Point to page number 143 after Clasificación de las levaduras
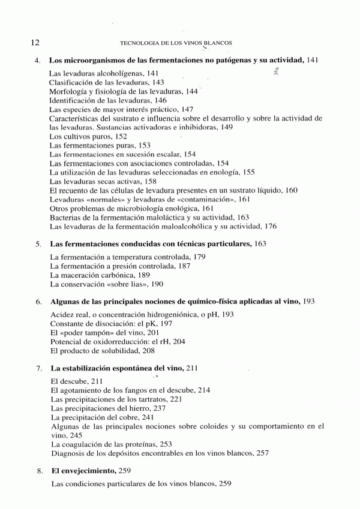point(158,82)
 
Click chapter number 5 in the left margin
point(37,245)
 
